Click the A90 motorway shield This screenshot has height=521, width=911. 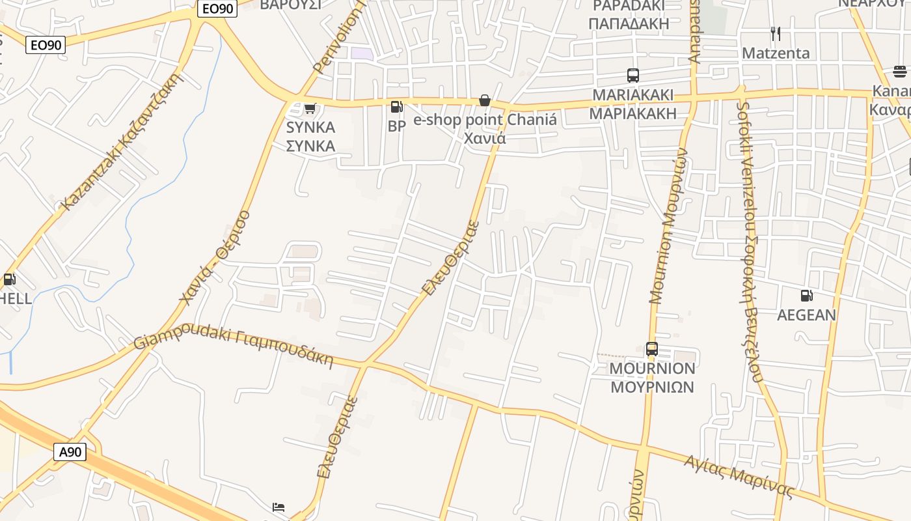[x=70, y=452]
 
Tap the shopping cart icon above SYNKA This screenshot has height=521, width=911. [x=310, y=108]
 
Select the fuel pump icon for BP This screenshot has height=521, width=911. [x=396, y=107]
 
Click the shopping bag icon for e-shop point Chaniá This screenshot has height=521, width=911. [x=485, y=100]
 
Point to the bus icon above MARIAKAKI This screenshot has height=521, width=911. [x=633, y=76]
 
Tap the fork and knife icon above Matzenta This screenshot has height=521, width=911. [x=775, y=33]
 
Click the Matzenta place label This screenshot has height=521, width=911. [x=776, y=53]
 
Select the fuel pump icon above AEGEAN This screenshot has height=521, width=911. [x=806, y=295]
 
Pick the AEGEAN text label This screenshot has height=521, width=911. [x=806, y=315]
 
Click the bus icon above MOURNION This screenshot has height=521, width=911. [x=652, y=348]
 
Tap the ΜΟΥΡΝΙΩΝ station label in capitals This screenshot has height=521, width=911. [x=652, y=387]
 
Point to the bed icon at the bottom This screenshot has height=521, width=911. [x=279, y=507]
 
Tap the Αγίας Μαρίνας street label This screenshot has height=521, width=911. [x=739, y=477]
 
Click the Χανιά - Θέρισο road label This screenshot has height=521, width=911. [x=215, y=257]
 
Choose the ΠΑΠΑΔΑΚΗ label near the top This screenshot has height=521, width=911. [x=629, y=24]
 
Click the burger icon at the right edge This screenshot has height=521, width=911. [x=900, y=71]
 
